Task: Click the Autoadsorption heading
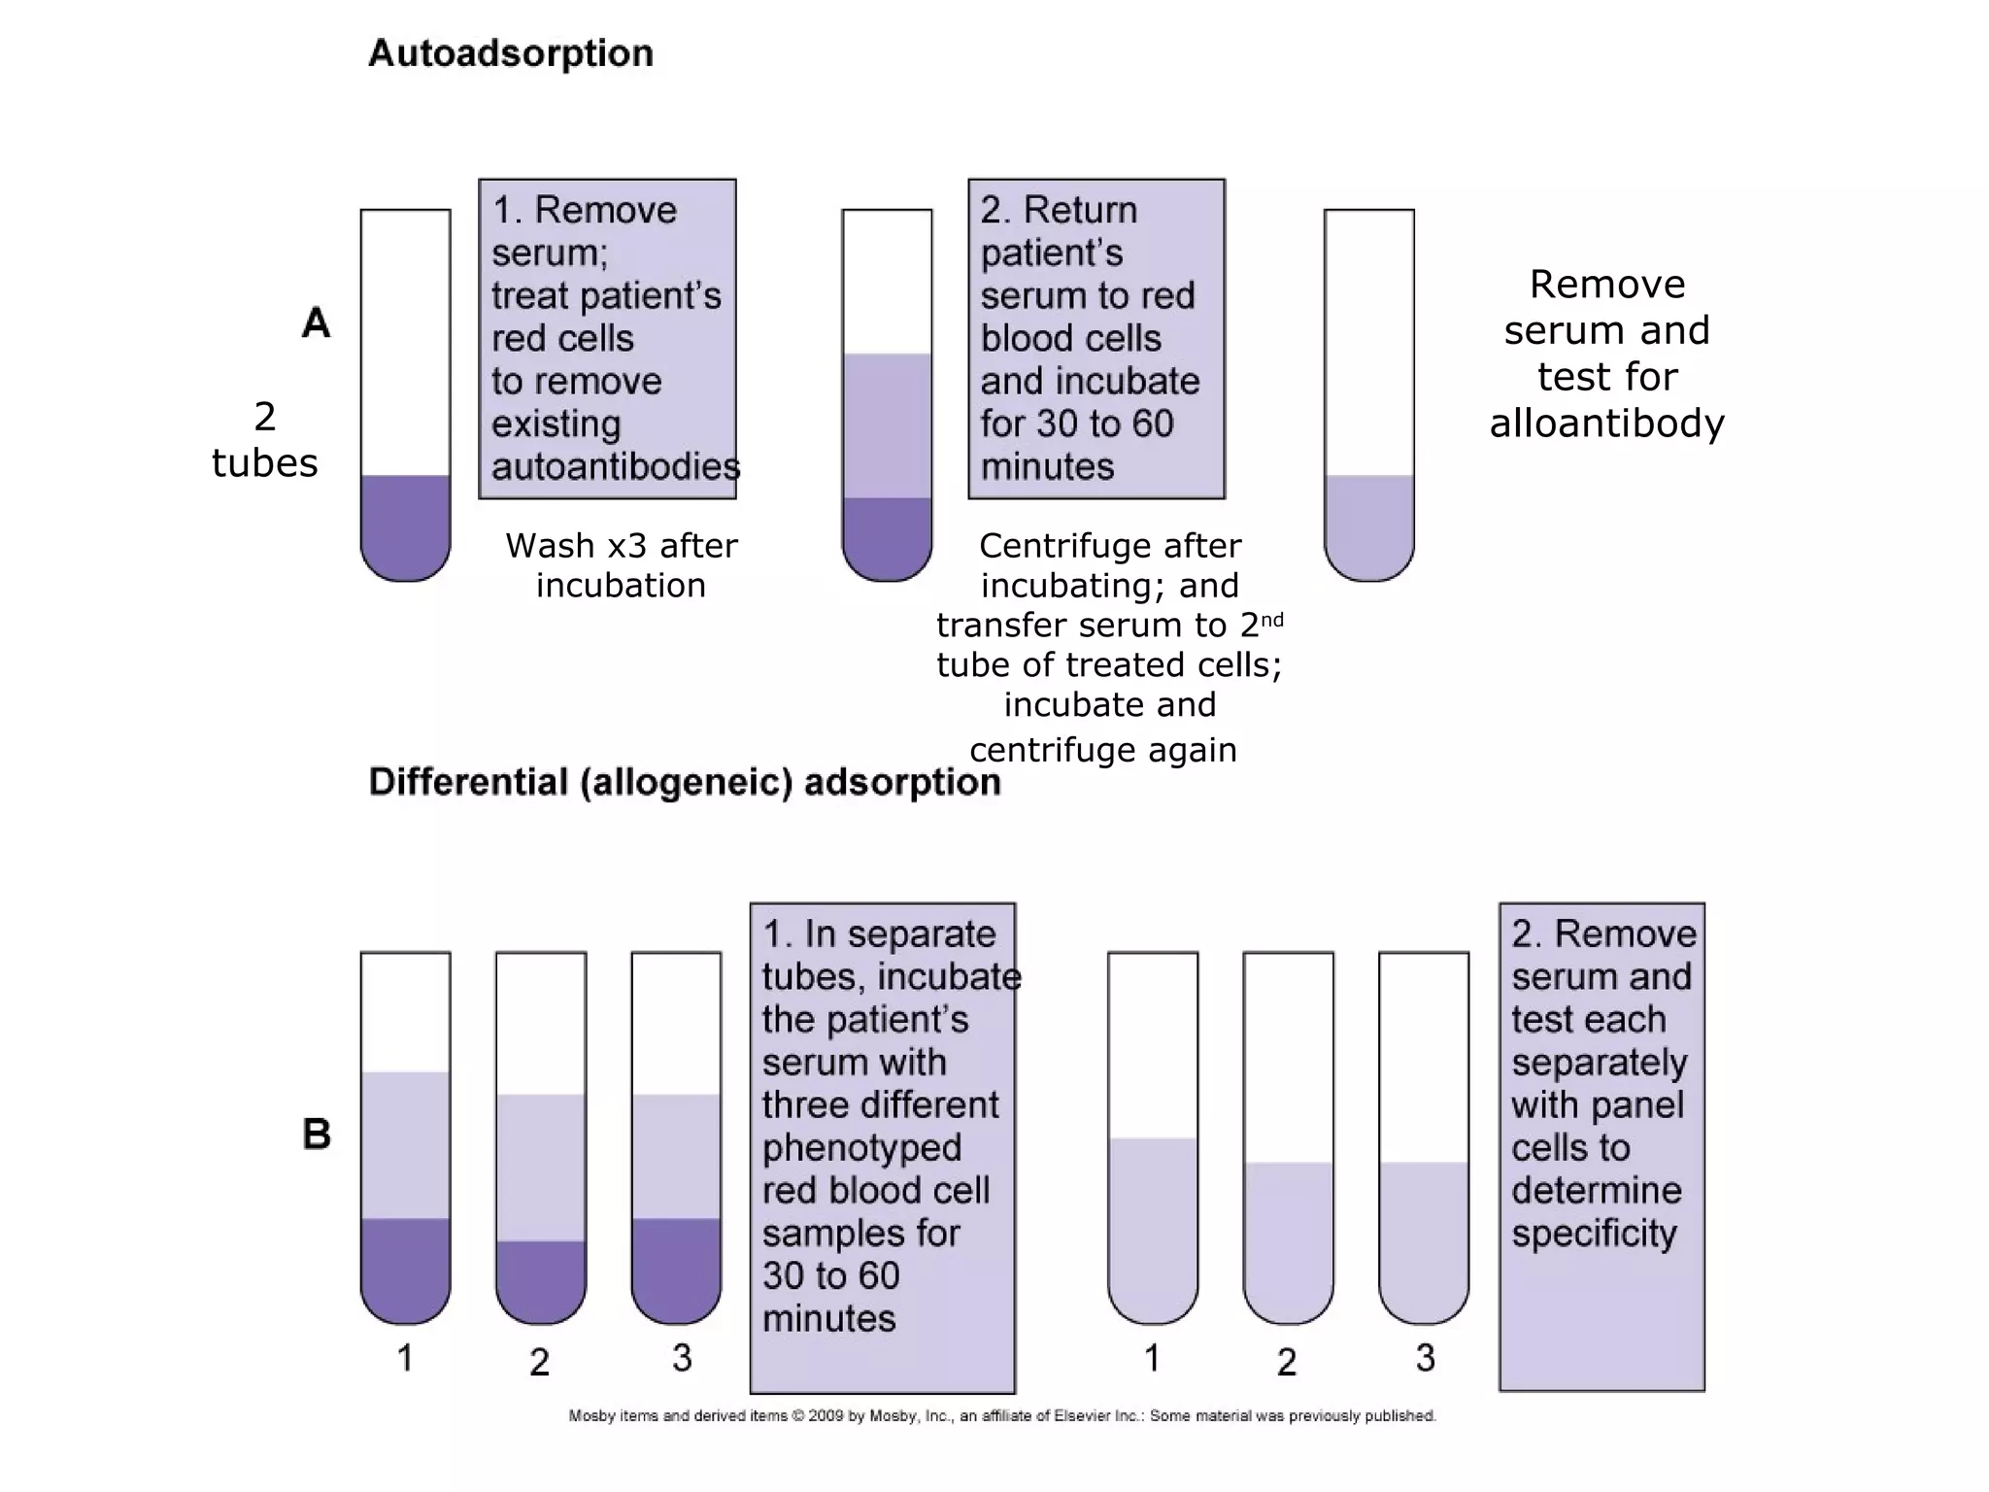coord(511,53)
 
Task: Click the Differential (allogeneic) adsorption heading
coord(685,782)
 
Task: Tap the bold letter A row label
coord(316,323)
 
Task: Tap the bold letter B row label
coord(317,1134)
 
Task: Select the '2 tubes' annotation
coord(264,440)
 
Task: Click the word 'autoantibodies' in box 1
coord(615,467)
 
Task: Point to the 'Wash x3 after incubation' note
coord(621,565)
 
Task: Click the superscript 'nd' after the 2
coord(1271,620)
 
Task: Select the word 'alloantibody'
coord(1606,424)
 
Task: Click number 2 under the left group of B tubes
coord(540,1362)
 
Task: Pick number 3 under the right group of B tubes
coord(1425,1358)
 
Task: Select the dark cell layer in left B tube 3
coord(676,1268)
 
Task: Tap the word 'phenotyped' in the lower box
coord(861,1148)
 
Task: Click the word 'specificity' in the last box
coord(1594,1234)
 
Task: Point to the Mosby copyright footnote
coord(1001,1416)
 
